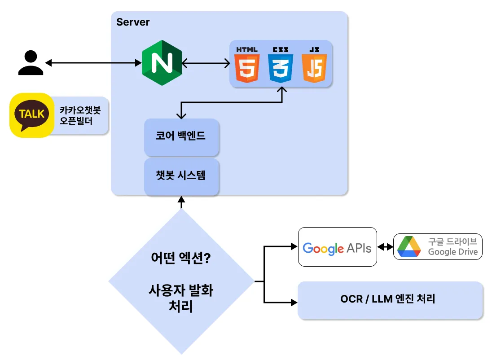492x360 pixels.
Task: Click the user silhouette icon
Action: tap(31, 62)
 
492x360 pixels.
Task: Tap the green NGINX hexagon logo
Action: tap(162, 63)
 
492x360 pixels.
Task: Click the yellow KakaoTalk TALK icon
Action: tap(31, 115)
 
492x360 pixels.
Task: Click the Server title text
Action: tap(133, 22)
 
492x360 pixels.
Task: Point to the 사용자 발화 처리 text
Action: tap(181, 298)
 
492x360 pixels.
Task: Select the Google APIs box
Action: tap(338, 247)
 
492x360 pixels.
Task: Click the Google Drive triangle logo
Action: tap(409, 246)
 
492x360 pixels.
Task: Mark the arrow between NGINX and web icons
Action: tap(206, 63)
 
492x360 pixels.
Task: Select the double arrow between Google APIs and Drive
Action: tap(385, 247)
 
